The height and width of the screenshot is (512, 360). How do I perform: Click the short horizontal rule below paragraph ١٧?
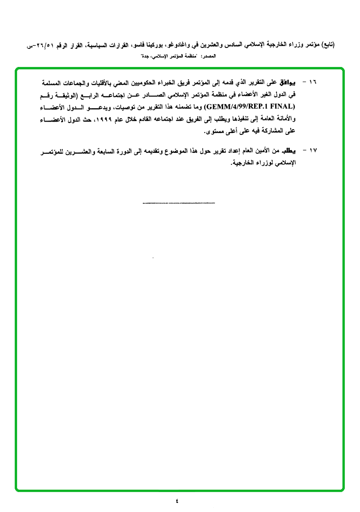(179, 203)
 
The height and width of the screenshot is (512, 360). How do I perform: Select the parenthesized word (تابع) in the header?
(328, 45)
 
